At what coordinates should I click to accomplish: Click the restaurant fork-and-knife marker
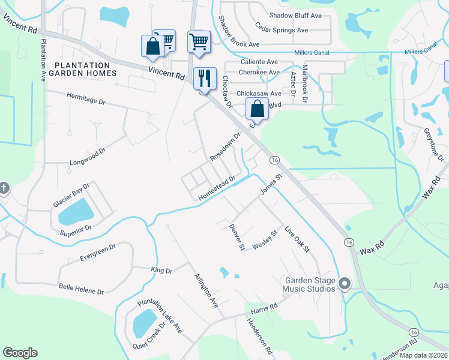click(x=205, y=78)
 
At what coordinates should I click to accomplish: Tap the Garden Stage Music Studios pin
click(x=345, y=283)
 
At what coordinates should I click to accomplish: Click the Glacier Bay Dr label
click(x=71, y=196)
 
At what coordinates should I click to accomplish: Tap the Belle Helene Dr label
click(x=81, y=290)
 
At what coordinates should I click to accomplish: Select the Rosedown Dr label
click(x=225, y=147)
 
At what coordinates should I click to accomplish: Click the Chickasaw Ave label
click(x=259, y=94)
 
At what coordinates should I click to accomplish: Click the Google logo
click(x=20, y=353)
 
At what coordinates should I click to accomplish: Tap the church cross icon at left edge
click(x=3, y=188)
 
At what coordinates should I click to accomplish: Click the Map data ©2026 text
click(x=422, y=355)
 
